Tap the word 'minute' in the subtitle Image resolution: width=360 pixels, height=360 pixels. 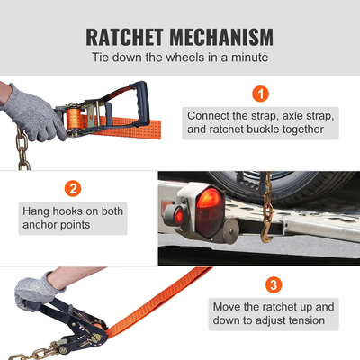point(246,58)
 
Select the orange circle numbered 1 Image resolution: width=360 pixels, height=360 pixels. point(260,94)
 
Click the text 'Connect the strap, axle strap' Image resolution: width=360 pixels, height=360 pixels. point(247,116)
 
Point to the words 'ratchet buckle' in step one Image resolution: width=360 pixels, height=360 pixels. point(234,129)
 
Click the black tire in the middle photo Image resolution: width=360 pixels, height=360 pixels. point(270,184)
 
